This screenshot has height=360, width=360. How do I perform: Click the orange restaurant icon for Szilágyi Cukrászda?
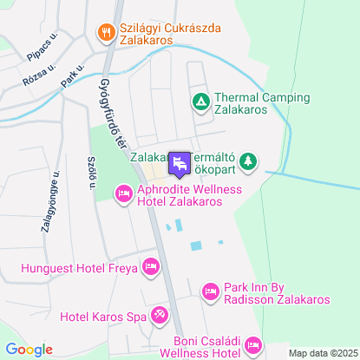coord(108,31)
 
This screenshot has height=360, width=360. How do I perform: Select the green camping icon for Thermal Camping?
coord(200,102)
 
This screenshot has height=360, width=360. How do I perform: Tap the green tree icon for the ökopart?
coord(248,160)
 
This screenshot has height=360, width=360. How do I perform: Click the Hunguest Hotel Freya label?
coord(79,268)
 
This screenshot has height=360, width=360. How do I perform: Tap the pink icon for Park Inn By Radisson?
coord(209,292)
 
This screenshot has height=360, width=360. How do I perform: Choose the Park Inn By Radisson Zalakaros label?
coord(277,293)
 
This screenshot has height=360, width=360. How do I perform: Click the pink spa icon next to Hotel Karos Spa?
coord(160,314)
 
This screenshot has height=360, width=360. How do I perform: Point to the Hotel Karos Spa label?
coord(102,315)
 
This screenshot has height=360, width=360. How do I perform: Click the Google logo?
coord(29,349)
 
